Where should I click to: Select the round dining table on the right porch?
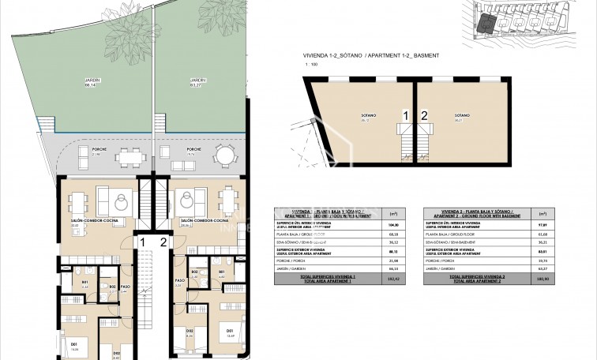224,156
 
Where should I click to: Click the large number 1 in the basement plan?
406,116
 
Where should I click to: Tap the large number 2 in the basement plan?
424,116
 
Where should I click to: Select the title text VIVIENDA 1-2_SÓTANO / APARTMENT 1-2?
365,56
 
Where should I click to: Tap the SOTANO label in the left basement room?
365,116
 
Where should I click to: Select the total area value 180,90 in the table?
543,279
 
